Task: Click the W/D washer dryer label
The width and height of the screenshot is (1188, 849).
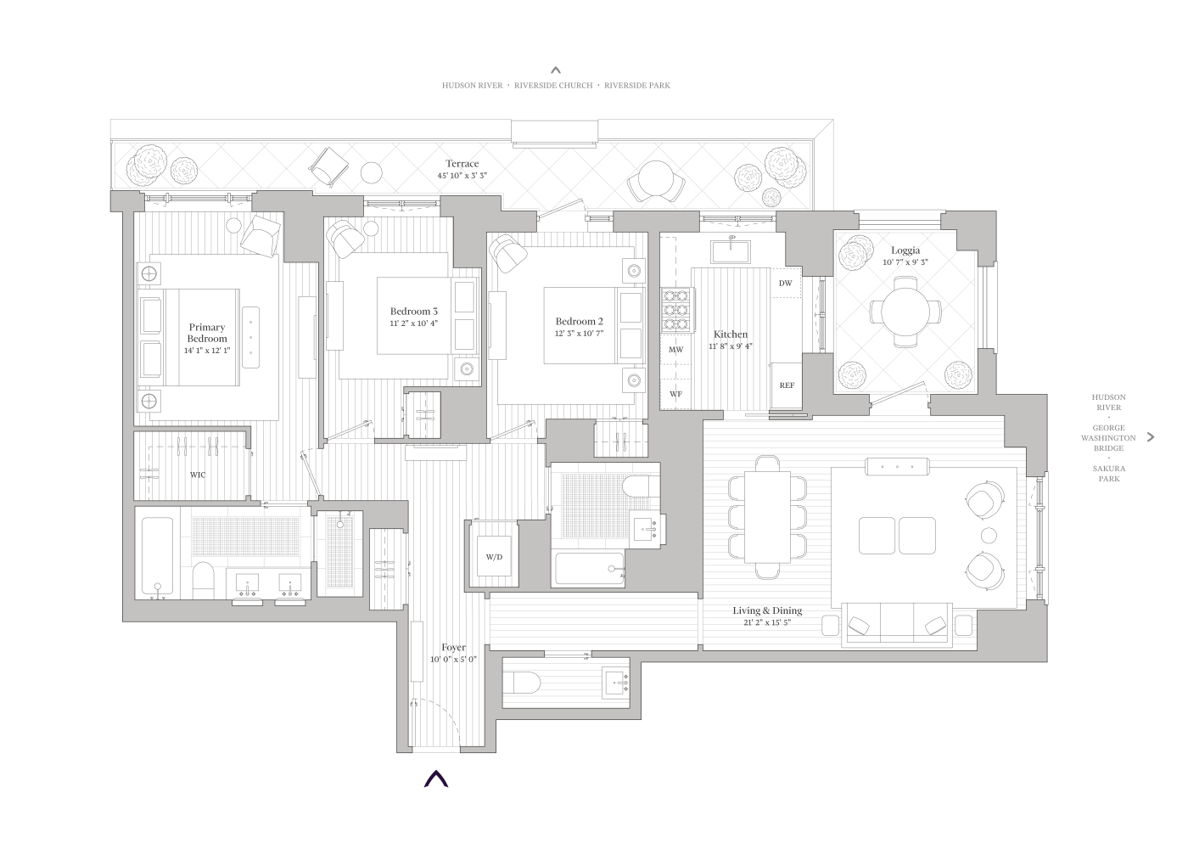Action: [494, 557]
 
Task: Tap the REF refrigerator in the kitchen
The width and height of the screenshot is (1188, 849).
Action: [787, 385]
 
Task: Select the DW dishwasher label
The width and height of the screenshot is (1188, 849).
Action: [785, 284]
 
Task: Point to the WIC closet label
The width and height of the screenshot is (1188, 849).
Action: [197, 475]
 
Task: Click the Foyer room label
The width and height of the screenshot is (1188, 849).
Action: [454, 648]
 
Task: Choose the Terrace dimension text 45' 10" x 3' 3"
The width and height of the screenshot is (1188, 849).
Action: [462, 175]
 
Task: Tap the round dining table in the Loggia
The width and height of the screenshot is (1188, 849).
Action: [905, 312]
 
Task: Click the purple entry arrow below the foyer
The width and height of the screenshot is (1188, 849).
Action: [436, 779]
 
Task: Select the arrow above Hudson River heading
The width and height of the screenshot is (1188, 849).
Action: [556, 70]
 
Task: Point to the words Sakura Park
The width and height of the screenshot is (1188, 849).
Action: [1108, 474]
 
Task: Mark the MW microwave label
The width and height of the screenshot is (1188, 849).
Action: [676, 350]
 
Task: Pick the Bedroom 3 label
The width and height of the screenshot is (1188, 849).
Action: [414, 312]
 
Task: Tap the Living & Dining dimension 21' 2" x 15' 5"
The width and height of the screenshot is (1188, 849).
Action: [767, 622]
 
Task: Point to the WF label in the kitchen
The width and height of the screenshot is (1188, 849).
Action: [676, 395]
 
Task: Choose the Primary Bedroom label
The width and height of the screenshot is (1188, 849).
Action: [207, 333]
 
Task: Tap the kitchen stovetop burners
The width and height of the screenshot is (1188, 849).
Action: [676, 310]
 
